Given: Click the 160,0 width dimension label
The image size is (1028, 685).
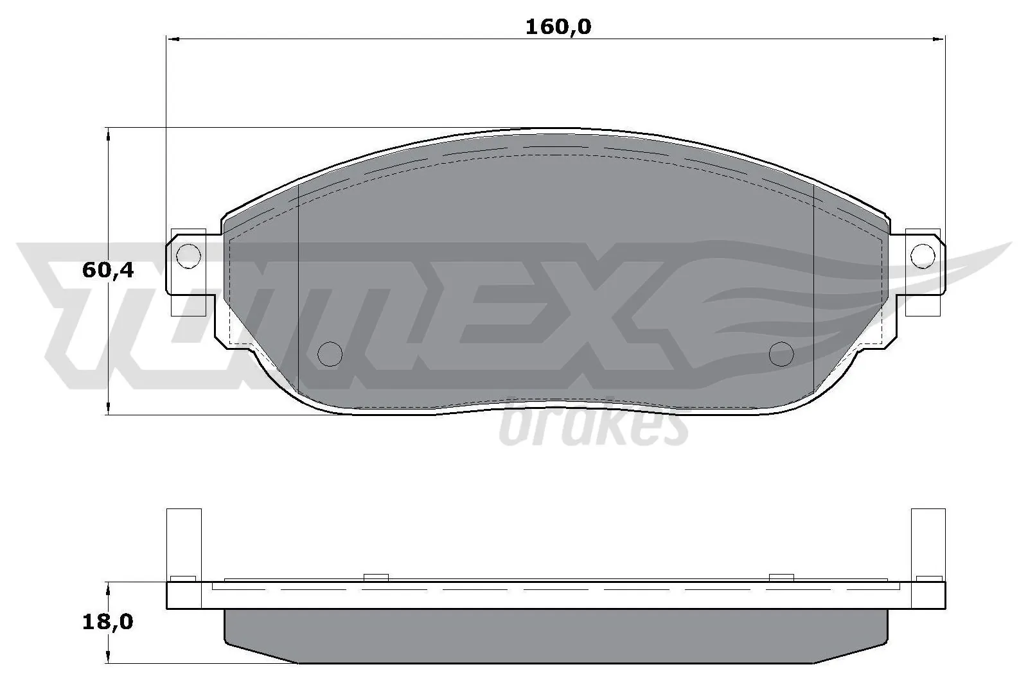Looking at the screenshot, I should [x=558, y=27].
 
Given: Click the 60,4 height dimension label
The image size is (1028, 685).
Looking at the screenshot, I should [x=107, y=270].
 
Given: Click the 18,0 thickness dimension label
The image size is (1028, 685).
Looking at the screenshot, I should [x=107, y=621].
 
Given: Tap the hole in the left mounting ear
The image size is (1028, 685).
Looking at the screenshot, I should [x=188, y=257].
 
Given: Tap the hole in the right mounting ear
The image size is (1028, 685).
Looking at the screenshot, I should [x=923, y=256].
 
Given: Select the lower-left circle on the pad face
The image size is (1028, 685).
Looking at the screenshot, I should [x=331, y=353].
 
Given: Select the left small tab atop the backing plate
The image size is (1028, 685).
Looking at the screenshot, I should [x=376, y=578].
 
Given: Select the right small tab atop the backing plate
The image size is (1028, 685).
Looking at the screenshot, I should [x=782, y=578].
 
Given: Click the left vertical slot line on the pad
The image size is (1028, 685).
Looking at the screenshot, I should [x=299, y=289].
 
